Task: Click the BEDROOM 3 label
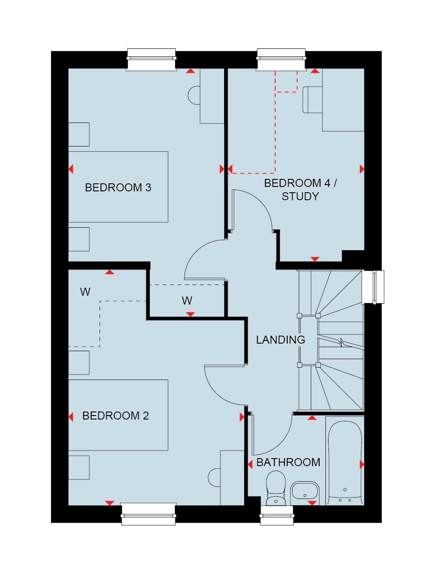point(118,187)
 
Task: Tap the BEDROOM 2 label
point(116,416)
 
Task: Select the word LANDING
point(281,340)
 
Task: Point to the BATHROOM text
point(288,462)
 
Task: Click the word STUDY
point(300,196)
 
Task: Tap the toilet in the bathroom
point(276,488)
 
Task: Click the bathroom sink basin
point(305,491)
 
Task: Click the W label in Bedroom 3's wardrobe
point(187,301)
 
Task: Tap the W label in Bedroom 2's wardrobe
point(85,292)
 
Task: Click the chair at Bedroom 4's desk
point(313,100)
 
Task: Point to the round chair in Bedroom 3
point(194,95)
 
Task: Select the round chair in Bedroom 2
point(214,478)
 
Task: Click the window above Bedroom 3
point(151,59)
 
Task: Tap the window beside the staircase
point(373,287)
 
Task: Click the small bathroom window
point(277,516)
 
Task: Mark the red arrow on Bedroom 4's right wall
point(362,169)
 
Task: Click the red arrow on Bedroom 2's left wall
point(71,417)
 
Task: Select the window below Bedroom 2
point(148,514)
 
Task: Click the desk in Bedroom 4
point(343,100)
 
